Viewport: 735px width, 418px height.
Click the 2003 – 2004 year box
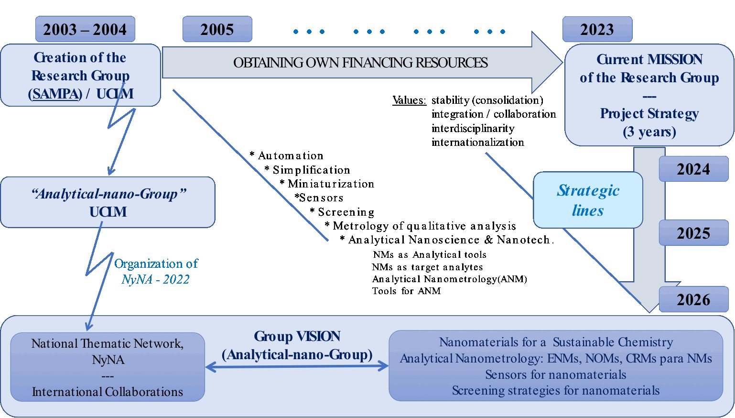pos(85,30)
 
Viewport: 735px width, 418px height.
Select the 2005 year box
pos(217,30)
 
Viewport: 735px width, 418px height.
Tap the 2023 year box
pos(597,30)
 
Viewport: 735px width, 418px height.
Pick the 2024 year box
pos(693,169)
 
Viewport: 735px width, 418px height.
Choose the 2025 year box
pos(693,233)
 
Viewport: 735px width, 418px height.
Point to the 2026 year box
pos(693,300)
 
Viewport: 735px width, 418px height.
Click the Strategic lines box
pos(588,200)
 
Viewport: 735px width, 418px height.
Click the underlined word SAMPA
pos(55,94)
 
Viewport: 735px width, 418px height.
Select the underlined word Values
pos(409,100)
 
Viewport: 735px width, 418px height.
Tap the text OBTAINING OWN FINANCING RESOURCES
pos(360,63)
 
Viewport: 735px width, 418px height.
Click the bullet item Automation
pos(290,156)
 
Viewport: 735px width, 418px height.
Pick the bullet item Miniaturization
pos(330,184)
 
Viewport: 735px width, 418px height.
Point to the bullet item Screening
pos(346,212)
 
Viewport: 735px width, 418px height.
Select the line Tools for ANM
pos(406,291)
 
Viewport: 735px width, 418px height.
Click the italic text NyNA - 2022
pos(155,280)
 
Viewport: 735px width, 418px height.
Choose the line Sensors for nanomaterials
pos(555,374)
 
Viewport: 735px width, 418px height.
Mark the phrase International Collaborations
pos(108,392)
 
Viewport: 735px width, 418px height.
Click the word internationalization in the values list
pos(477,143)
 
